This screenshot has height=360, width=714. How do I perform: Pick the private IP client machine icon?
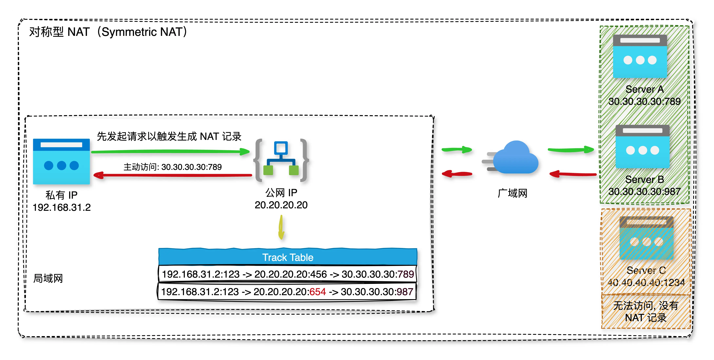click(61, 161)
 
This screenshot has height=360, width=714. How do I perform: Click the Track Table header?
click(288, 257)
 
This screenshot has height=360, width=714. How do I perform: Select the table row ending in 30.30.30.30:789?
click(288, 274)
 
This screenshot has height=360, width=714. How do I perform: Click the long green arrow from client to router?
click(170, 151)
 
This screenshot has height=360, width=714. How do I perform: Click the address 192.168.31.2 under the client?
click(62, 207)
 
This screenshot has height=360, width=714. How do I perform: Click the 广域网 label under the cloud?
click(512, 193)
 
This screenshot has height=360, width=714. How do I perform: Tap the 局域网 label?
click(48, 278)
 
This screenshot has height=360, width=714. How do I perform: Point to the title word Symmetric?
click(129, 32)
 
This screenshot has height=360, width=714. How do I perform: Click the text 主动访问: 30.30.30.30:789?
click(172, 167)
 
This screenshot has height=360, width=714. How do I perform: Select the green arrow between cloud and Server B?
click(570, 150)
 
